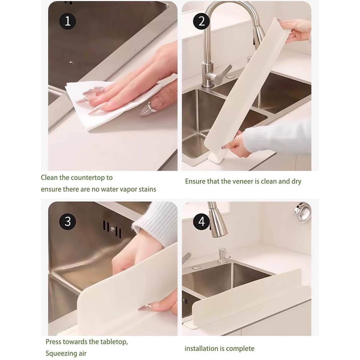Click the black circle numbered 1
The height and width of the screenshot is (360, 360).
pyautogui.click(x=67, y=22)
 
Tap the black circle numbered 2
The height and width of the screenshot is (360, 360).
pyautogui.click(x=201, y=22)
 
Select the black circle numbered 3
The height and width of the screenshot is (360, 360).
pyautogui.click(x=67, y=222)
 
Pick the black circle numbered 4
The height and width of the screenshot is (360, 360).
pyautogui.click(x=201, y=222)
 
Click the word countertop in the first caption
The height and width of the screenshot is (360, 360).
pyautogui.click(x=87, y=178)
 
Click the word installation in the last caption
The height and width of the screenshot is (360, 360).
pyautogui.click(x=202, y=343)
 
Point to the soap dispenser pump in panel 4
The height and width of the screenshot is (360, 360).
pyautogui.click(x=223, y=255)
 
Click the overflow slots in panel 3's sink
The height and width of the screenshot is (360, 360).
pyautogui.click(x=112, y=230)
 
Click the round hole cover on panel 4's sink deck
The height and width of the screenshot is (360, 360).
pyautogui.click(x=196, y=267)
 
